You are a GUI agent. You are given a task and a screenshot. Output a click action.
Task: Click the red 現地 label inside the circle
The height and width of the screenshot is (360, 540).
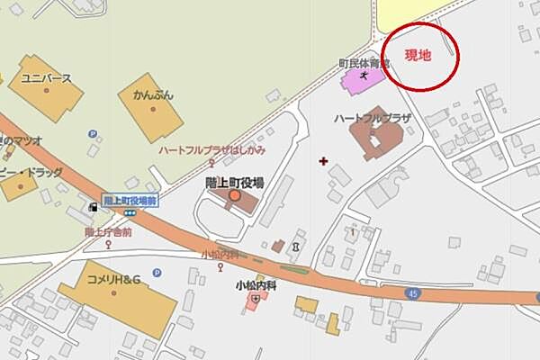(418, 56)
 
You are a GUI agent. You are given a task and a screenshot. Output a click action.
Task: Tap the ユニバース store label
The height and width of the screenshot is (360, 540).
(46, 78)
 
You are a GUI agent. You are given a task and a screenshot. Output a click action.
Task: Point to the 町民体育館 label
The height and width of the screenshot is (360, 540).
(363, 64)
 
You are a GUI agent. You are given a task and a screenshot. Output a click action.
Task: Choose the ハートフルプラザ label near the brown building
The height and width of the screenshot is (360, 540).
(372, 118)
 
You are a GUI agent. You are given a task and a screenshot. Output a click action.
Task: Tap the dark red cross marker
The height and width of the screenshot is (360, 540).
(324, 162)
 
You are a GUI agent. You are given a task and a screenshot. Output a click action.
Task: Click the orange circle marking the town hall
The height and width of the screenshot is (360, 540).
(234, 195)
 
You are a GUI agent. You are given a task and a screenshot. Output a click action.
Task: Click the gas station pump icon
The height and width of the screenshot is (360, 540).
(93, 207)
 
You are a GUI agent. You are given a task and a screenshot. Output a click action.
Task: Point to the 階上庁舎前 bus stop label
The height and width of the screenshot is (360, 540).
(109, 231)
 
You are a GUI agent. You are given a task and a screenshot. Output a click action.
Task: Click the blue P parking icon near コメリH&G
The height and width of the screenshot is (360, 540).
(157, 273)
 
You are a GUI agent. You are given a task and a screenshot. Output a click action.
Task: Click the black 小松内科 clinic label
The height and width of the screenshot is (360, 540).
(256, 285)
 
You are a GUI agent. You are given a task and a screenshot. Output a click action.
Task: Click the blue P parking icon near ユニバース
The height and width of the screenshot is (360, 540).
(92, 134)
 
